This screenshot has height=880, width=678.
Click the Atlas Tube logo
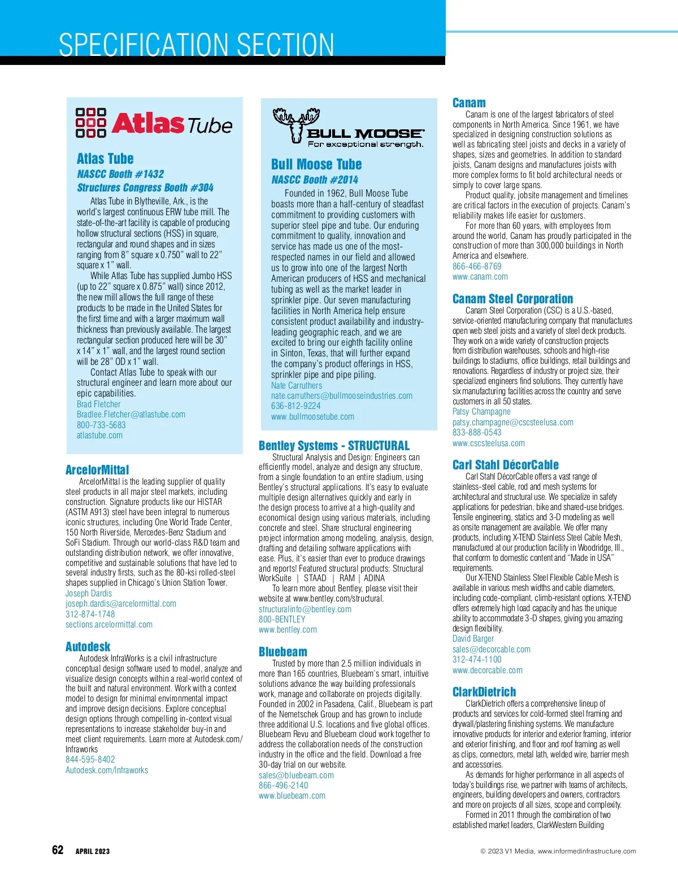coord(154,123)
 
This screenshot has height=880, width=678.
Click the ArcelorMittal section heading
coord(97,470)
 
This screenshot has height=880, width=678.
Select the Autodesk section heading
coord(88,647)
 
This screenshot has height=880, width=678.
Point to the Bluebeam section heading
coord(283,652)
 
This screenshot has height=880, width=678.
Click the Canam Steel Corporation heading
coord(512,299)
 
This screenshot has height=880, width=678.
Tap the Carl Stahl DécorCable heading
coord(505,465)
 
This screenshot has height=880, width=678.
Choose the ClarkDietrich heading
coord(484,692)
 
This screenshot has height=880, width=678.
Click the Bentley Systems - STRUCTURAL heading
coord(334,446)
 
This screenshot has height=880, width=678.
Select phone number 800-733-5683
coord(101,425)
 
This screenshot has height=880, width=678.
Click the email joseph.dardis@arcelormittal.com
coord(121,603)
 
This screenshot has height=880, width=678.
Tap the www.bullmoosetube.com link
coord(312,416)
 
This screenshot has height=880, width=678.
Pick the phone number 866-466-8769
coord(477,266)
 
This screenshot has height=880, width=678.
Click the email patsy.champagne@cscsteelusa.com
coord(512,422)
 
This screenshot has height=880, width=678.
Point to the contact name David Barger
coord(473,638)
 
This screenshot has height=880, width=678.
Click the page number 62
coord(58,850)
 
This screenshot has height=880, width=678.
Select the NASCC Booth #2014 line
coord(314,180)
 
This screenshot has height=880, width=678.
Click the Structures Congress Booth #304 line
coord(145,188)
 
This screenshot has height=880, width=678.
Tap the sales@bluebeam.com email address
coord(296,775)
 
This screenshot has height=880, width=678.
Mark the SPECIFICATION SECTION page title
coord(196,45)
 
